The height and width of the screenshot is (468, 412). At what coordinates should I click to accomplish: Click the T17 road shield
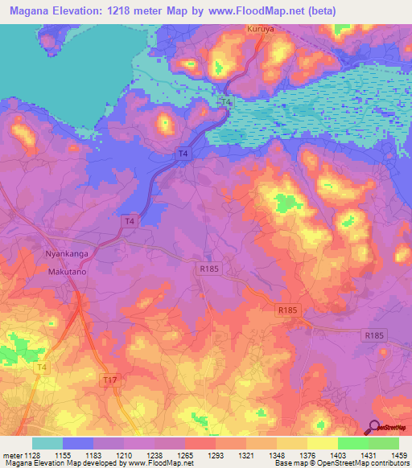(x=110, y=379)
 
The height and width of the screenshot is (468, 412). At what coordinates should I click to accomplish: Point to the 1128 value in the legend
(x=33, y=455)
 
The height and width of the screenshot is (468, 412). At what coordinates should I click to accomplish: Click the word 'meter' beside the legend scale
(x=12, y=455)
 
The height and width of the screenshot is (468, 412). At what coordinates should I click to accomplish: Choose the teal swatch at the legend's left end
(x=47, y=443)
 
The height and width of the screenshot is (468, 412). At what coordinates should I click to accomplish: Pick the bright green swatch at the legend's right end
(x=383, y=443)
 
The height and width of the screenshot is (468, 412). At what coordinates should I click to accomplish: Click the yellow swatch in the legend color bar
(x=322, y=443)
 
